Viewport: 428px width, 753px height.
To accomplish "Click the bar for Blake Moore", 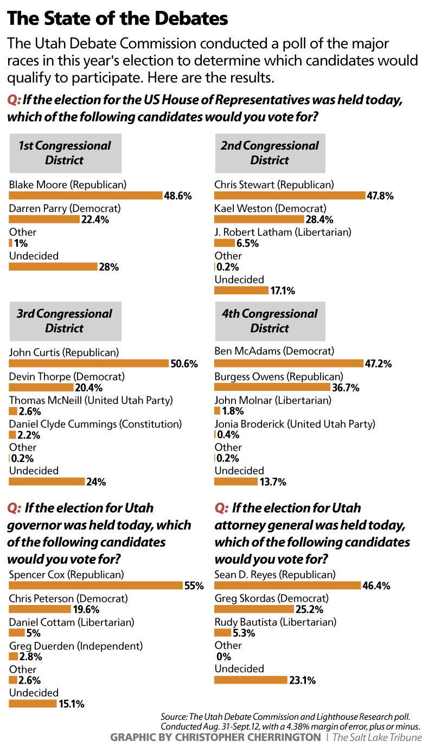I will tap(86, 196).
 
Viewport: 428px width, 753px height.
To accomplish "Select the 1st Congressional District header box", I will tap(65, 153).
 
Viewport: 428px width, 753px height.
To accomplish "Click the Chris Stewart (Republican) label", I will tap(274, 184).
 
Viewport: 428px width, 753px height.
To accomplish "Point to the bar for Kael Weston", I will tap(259, 220).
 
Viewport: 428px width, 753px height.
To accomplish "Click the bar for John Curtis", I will tap(89, 364).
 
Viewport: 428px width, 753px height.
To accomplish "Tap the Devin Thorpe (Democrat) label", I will tap(67, 376).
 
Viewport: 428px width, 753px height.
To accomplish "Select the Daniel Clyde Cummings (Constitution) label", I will tap(95, 423).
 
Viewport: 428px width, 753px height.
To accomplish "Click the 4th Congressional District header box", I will tap(270, 321).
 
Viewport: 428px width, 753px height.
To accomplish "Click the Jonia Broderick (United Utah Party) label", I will tap(295, 423).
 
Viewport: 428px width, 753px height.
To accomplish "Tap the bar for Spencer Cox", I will tap(96, 585).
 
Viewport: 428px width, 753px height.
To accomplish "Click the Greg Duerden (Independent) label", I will tap(76, 646).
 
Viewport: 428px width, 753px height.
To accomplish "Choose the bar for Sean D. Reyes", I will tap(288, 585).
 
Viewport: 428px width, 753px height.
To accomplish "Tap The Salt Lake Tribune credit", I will tap(376, 737).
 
